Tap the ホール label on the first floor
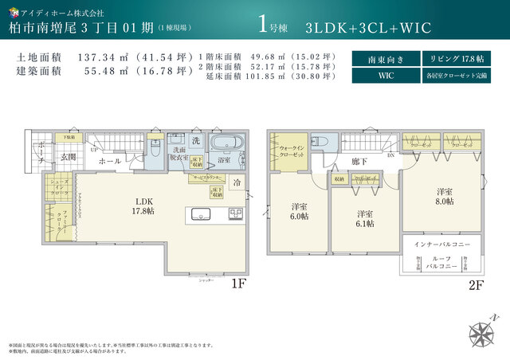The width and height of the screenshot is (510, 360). pyautogui.click(x=110, y=161)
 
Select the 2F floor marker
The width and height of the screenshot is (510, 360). pyautogui.click(x=476, y=283)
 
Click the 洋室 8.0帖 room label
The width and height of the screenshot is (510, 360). pyautogui.click(x=444, y=197)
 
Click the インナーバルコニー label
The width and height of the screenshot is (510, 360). pyautogui.click(x=443, y=245)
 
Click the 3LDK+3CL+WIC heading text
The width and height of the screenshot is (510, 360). pyautogui.click(x=367, y=27)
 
